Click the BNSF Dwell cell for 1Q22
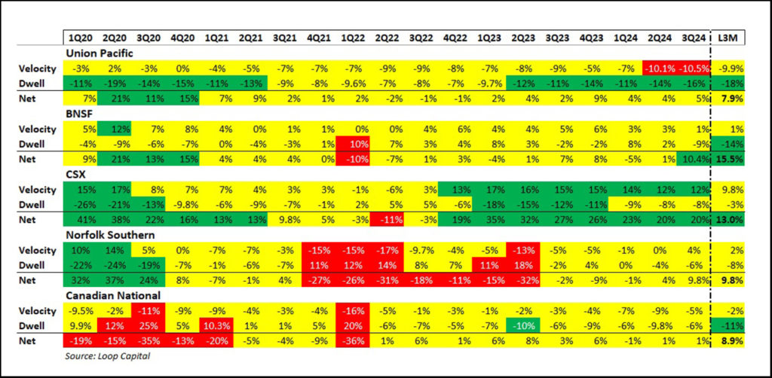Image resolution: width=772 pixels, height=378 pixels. [x=352, y=144]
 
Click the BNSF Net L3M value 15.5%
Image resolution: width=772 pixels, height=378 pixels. [x=730, y=160]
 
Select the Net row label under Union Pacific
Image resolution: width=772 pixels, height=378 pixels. [x=29, y=97]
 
